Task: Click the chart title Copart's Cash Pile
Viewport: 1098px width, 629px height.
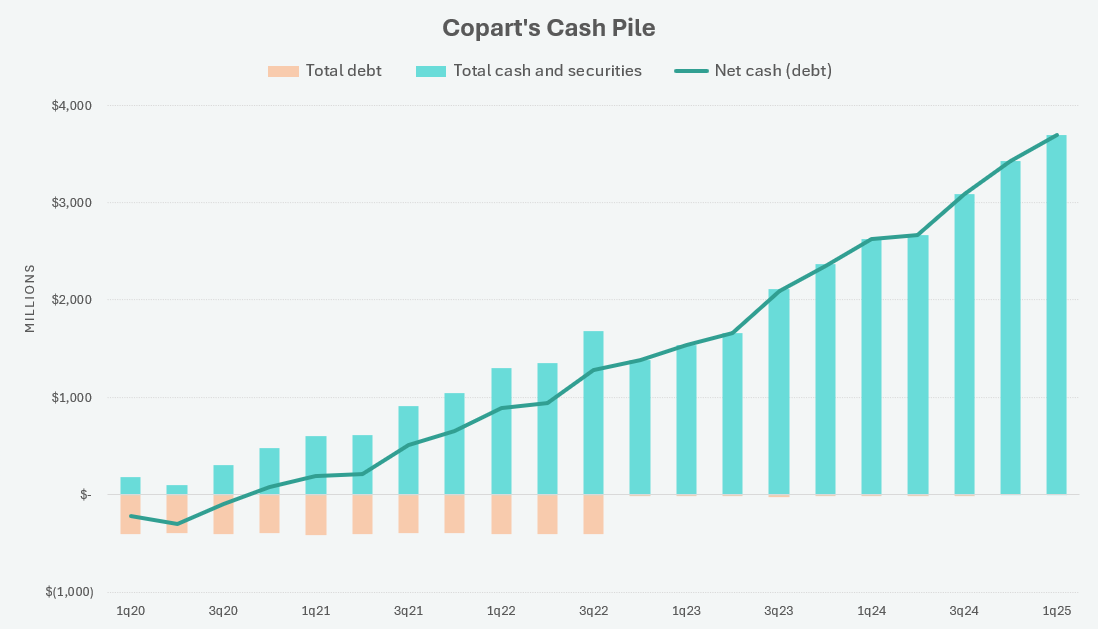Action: click(x=549, y=28)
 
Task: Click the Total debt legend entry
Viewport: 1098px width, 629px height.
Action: click(x=325, y=71)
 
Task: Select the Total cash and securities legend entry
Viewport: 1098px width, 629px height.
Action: click(x=530, y=71)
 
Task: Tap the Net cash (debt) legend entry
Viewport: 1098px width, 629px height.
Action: click(x=754, y=71)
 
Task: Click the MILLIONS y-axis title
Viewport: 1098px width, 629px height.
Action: click(x=29, y=299)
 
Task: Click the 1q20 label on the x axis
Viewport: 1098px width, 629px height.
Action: click(x=130, y=610)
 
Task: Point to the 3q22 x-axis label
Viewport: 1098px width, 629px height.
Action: click(x=593, y=610)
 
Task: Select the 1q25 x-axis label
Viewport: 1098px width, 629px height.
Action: click(x=1056, y=610)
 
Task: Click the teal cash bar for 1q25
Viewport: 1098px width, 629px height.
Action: click(x=1056, y=315)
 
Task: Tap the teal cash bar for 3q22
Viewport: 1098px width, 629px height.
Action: click(x=593, y=412)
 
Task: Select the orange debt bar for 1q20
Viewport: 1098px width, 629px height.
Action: click(x=130, y=514)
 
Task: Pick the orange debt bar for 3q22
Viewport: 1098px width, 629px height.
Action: click(x=593, y=514)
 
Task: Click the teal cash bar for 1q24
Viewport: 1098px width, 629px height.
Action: click(x=871, y=367)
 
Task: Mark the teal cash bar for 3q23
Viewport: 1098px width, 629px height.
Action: click(x=778, y=392)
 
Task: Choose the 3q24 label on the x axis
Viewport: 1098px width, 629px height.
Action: click(x=964, y=610)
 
